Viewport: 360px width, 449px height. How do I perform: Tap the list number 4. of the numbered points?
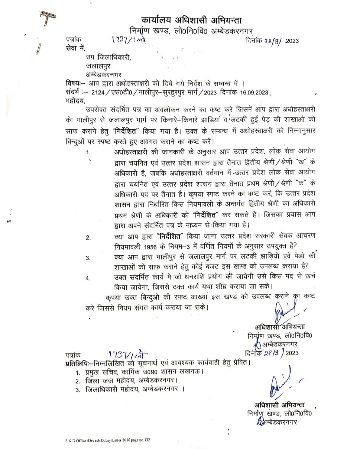click(x=88, y=279)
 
